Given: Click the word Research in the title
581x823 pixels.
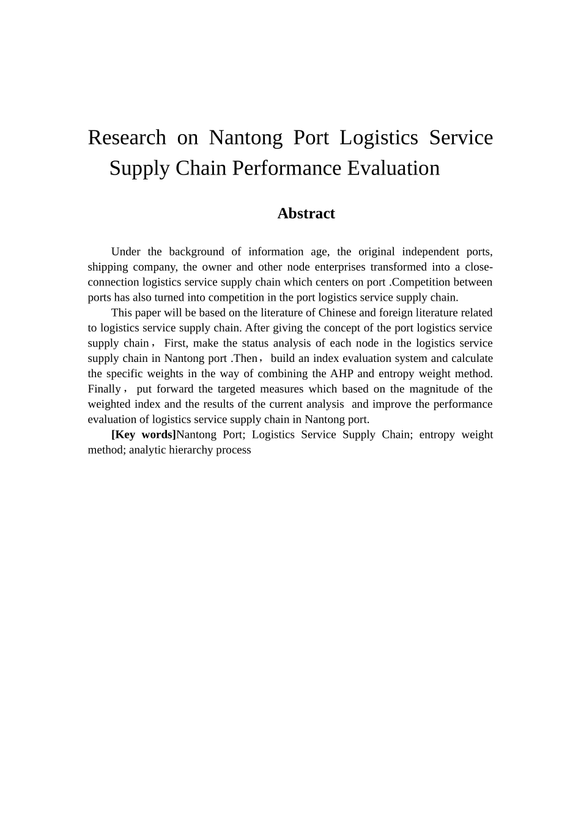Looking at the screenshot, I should click(x=127, y=138).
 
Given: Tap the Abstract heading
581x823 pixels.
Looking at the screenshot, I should click(x=306, y=214).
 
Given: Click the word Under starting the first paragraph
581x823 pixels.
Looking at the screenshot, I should click(x=125, y=252).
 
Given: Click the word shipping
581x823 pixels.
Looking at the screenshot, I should click(x=107, y=267).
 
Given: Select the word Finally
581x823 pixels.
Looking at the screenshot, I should click(x=104, y=389).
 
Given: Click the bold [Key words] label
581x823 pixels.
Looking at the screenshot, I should click(x=143, y=435).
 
